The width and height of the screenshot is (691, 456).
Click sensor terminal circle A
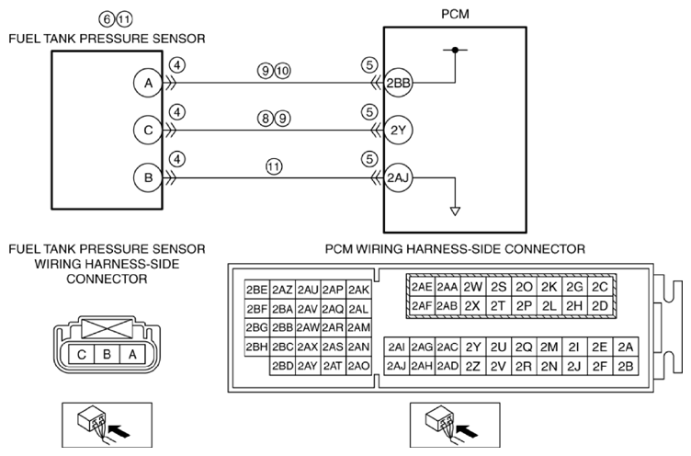coord(148,83)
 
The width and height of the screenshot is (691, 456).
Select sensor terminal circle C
coord(148,131)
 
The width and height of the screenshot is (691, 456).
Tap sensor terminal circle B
coord(148,177)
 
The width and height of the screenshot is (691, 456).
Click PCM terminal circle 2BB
coord(398,83)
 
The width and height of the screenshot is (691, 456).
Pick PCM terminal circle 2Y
coord(398,131)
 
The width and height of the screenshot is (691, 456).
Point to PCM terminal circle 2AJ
coord(398,177)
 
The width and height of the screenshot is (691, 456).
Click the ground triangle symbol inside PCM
coord(455,211)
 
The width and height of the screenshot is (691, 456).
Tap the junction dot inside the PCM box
coord(455,50)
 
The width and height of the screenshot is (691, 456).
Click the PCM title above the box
coord(455,14)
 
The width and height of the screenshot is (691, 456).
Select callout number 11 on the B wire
coord(274,166)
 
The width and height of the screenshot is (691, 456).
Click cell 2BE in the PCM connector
coord(257,290)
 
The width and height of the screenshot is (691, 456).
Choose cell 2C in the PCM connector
coord(600,287)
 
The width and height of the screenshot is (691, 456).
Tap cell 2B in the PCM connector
coord(626,366)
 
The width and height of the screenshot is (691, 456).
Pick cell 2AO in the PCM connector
coord(358,366)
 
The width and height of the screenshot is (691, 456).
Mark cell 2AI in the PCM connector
coord(397,348)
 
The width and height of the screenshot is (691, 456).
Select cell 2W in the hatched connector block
coord(473,287)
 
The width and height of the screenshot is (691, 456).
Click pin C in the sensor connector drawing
coord(82,354)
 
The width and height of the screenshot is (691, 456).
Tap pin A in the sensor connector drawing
coord(132,354)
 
